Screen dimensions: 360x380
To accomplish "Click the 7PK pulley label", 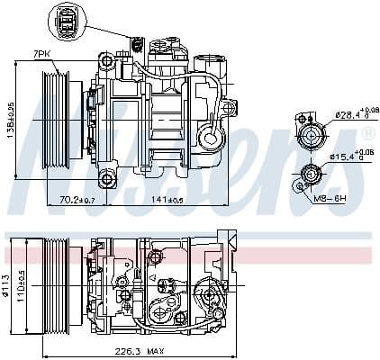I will (41, 55).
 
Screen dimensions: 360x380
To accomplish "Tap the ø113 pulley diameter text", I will (8, 284).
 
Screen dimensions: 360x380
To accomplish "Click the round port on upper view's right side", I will (209, 139).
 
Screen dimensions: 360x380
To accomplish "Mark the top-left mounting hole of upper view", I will (107, 62).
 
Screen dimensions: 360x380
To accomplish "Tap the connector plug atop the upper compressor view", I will (139, 45).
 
